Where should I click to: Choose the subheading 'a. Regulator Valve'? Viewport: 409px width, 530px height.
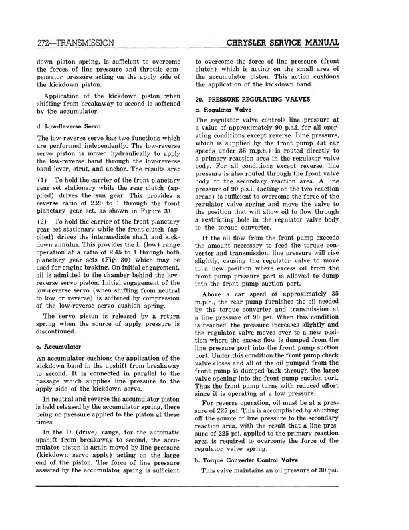223,108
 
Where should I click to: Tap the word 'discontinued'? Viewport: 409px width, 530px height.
59,331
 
